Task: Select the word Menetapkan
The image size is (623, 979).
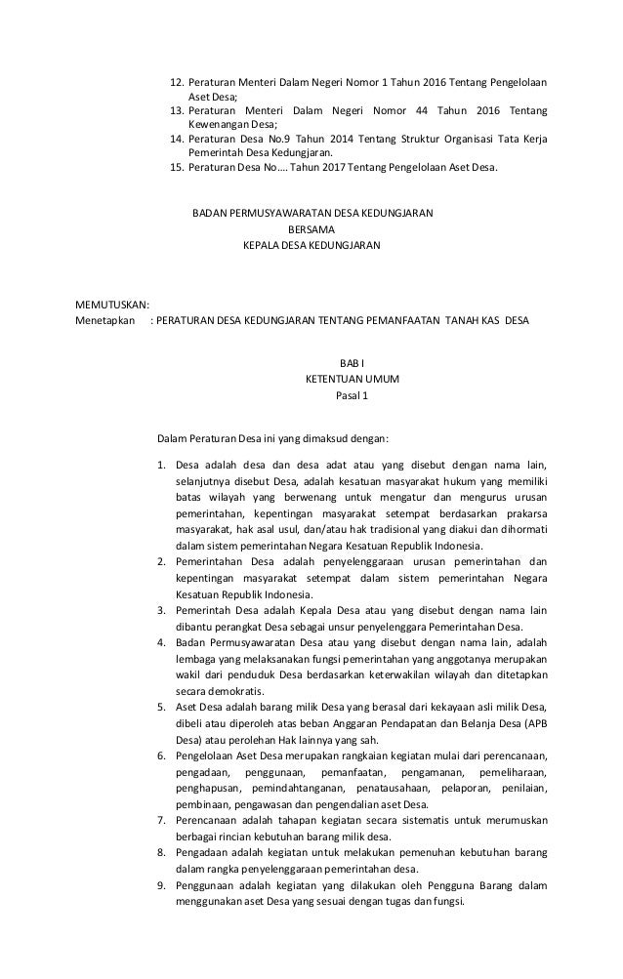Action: click(105, 321)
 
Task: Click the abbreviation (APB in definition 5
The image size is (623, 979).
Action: click(532, 725)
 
